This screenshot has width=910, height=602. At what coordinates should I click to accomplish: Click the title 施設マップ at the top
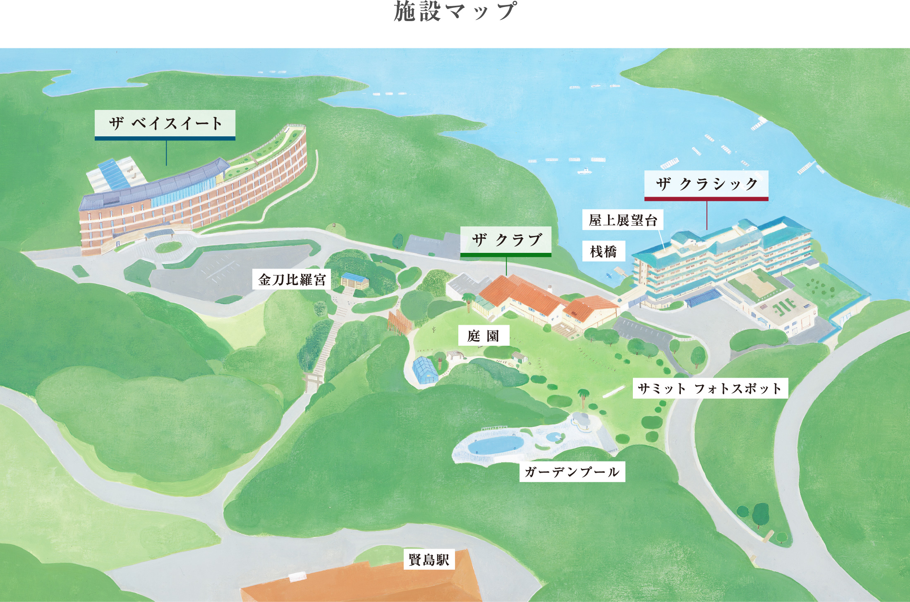tap(455, 12)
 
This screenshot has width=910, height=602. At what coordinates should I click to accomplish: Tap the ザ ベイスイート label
tap(165, 124)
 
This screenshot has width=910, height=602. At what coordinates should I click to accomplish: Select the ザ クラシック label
tap(706, 184)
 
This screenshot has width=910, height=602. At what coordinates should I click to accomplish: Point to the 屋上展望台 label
tap(623, 220)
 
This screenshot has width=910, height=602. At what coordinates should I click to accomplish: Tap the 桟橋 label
tap(603, 251)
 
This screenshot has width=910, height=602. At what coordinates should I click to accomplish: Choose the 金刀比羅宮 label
tap(292, 280)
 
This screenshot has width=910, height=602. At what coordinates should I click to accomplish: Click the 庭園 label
tap(483, 336)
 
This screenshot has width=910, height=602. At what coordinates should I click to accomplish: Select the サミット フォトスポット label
tap(710, 388)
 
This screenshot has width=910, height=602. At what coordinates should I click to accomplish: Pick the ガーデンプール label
tap(572, 472)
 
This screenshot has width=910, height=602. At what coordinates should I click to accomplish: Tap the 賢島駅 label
tap(429, 560)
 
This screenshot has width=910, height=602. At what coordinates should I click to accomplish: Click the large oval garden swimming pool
tap(495, 445)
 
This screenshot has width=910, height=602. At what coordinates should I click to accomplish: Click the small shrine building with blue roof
tap(355, 281)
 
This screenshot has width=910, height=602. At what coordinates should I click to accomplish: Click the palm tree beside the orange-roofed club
tap(468, 299)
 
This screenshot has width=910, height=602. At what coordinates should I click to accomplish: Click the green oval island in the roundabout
tap(168, 247)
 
